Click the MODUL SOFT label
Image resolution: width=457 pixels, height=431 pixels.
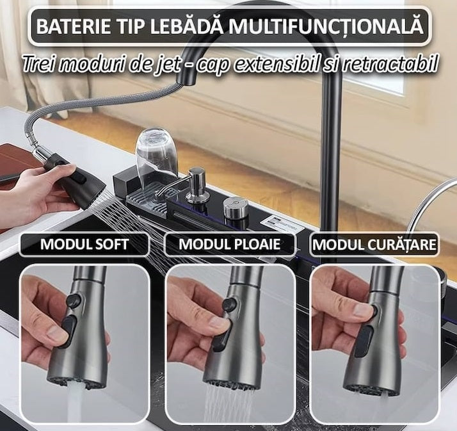point(84,245)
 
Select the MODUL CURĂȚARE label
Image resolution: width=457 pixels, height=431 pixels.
point(374,245)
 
